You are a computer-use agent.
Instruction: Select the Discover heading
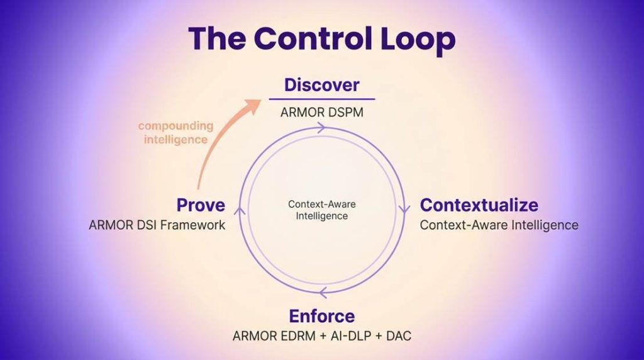(x=321, y=85)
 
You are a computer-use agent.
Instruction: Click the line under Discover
(x=322, y=99)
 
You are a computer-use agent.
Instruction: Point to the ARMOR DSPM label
(x=322, y=112)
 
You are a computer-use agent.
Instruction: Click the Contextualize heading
(x=479, y=205)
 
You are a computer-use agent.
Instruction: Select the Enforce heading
(x=321, y=316)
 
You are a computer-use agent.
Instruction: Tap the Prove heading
(x=201, y=205)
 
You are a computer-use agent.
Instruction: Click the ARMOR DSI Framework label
(x=157, y=225)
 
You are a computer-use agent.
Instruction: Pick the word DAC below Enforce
(x=399, y=335)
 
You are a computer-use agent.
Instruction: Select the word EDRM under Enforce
(x=295, y=335)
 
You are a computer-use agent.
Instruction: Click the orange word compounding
(x=176, y=125)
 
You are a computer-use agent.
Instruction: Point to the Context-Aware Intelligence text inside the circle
(x=322, y=210)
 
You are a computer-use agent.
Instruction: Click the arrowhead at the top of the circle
(x=321, y=128)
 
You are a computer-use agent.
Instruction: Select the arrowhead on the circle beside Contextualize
(x=404, y=209)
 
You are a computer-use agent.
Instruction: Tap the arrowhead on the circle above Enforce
(x=323, y=293)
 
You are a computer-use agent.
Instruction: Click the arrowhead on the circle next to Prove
(x=240, y=210)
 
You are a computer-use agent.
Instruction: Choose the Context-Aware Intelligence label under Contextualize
(x=499, y=225)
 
